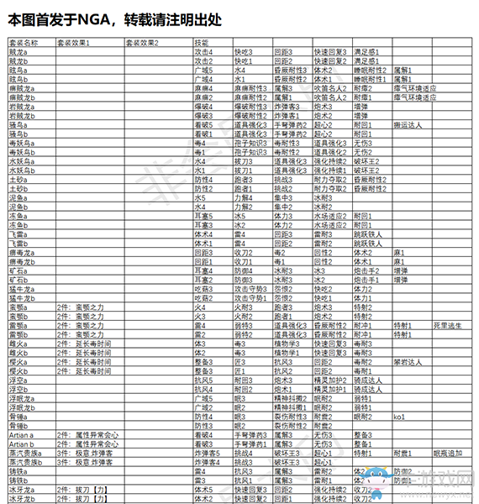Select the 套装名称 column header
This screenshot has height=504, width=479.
click(24, 41)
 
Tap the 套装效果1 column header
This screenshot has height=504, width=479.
click(77, 41)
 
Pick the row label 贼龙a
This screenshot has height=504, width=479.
click(18, 52)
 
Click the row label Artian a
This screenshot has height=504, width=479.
click(22, 434)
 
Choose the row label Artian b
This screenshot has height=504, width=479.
click(22, 444)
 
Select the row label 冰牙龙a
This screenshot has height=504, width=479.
click(21, 489)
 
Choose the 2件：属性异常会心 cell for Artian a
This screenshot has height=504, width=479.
click(83, 434)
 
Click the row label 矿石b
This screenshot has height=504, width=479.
click(18, 279)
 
